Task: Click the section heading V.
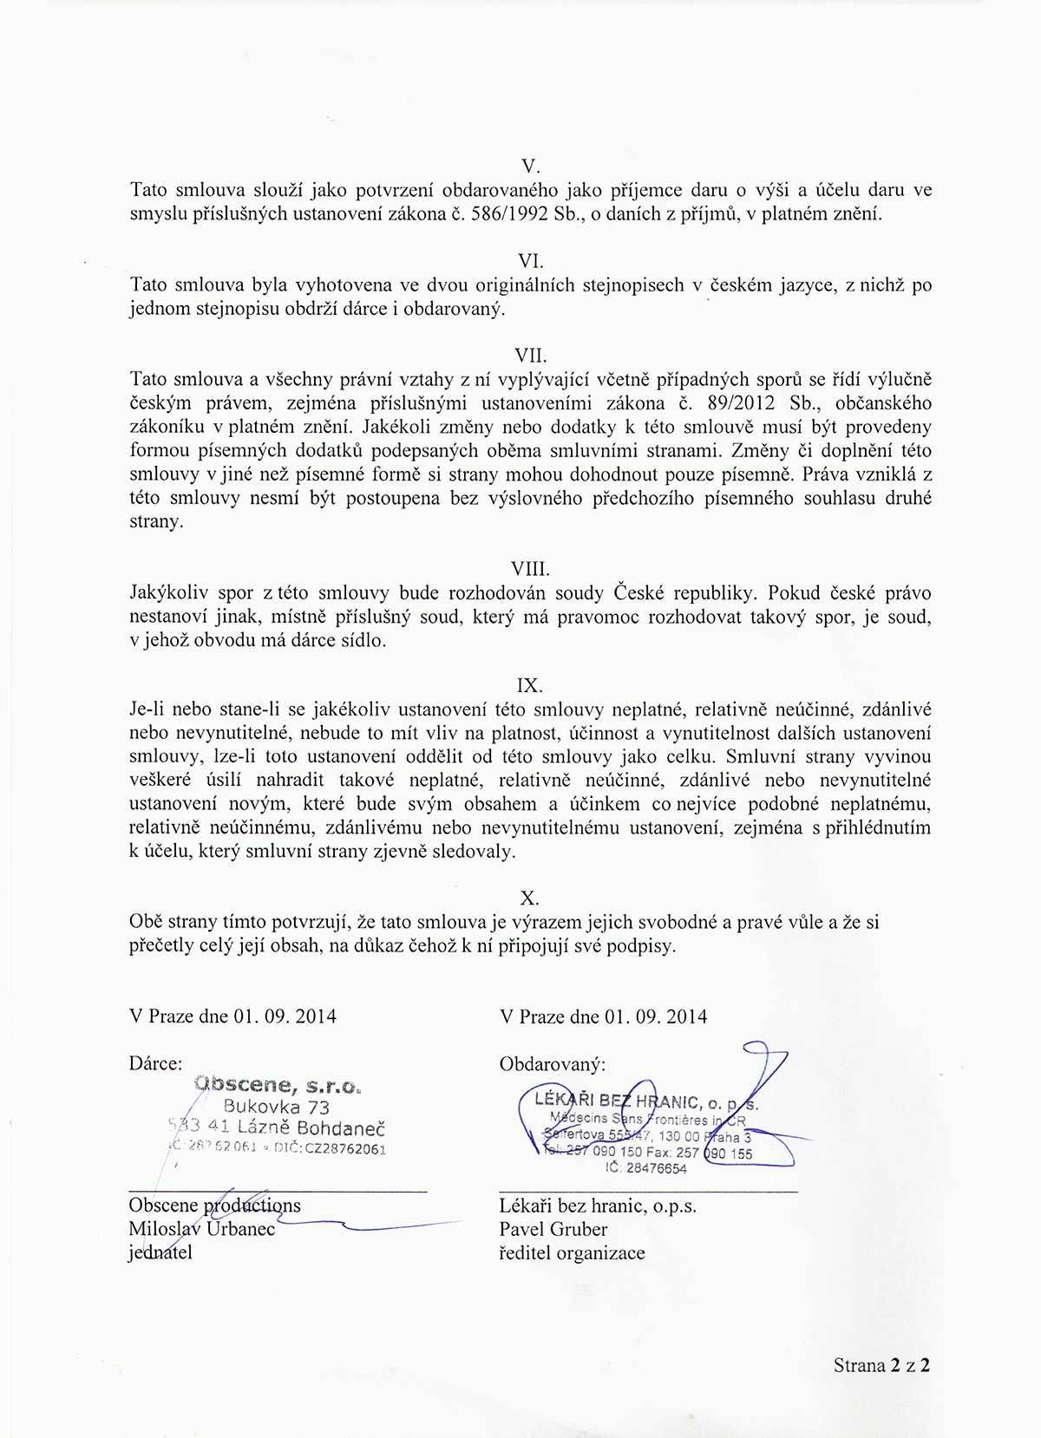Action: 530,166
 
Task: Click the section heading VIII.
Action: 530,569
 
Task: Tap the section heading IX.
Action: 529,685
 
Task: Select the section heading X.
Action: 529,898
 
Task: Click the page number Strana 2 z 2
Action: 881,1364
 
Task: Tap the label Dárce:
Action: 155,1063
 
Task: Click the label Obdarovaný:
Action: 553,1063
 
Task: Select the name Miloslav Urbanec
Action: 201,1229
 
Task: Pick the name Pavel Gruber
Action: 553,1229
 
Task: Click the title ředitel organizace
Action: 572,1252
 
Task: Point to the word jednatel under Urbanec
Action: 160,1252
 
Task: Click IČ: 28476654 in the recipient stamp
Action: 645,1168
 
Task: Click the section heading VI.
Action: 530,260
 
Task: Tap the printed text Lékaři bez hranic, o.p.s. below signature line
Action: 598,1206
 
